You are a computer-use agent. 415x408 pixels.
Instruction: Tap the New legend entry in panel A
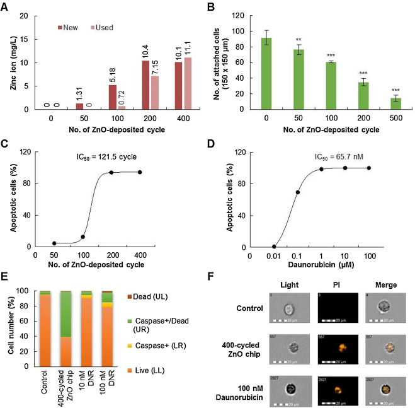pyautogui.click(x=70, y=28)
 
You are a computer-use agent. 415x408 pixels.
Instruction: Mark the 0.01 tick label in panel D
pyautogui.click(x=273, y=258)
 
